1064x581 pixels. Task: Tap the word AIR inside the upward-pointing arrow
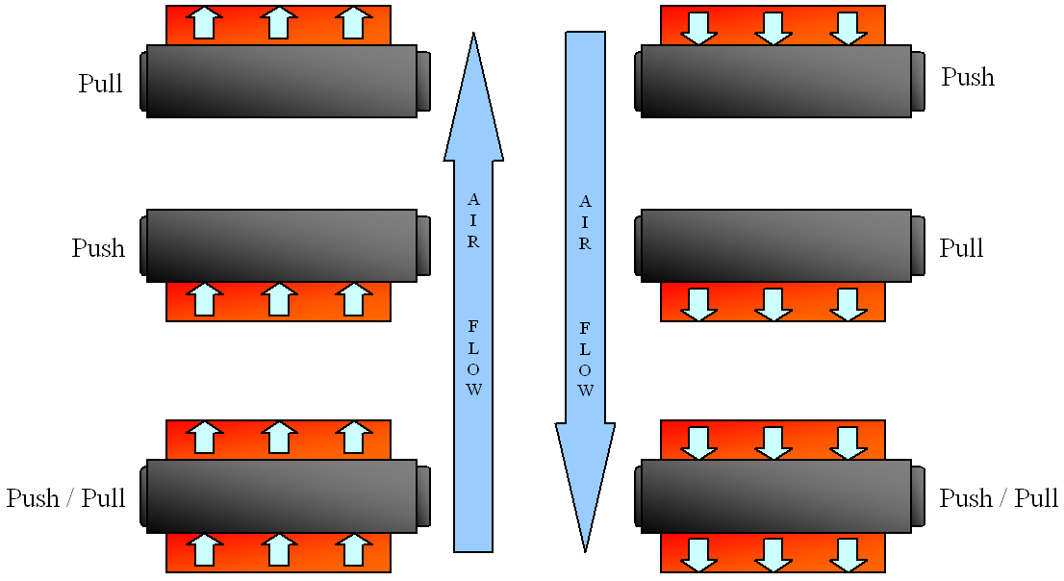(x=473, y=221)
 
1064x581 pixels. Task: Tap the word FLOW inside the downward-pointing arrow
(x=585, y=360)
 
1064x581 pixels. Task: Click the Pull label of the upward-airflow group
(x=101, y=84)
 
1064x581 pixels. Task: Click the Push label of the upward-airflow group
(x=98, y=248)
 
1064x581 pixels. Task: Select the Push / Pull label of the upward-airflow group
(x=66, y=498)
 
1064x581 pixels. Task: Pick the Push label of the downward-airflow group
(x=968, y=77)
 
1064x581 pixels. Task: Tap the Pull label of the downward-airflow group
(x=961, y=248)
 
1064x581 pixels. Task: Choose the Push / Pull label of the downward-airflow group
(x=999, y=498)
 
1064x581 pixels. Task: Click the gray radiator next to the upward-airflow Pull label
(x=282, y=81)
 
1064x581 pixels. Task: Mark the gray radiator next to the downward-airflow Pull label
(x=776, y=245)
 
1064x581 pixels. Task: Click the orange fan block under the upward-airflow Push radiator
(x=278, y=301)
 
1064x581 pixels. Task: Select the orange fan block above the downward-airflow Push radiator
(x=773, y=25)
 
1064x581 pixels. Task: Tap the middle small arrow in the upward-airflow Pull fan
(x=278, y=23)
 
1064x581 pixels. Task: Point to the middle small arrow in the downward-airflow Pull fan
(x=773, y=302)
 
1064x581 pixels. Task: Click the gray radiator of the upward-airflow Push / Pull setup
(x=282, y=495)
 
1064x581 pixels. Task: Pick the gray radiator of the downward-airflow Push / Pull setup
(x=776, y=495)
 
